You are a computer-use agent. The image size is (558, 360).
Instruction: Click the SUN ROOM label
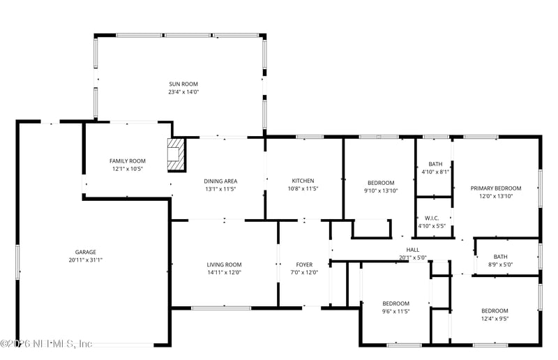(x=183, y=84)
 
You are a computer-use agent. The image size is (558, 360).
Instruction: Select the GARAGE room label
(x=86, y=252)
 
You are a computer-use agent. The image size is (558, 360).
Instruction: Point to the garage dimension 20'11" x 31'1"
(x=86, y=260)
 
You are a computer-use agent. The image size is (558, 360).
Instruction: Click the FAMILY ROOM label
(x=128, y=160)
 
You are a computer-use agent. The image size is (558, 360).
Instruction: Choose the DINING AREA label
(x=221, y=181)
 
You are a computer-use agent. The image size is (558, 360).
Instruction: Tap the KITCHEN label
(x=303, y=181)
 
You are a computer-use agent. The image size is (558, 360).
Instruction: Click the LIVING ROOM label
(x=224, y=264)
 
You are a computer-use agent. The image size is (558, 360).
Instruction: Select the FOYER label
(x=304, y=264)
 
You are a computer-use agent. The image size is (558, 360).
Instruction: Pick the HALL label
(x=413, y=249)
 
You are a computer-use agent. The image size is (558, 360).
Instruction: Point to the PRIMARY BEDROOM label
(x=496, y=188)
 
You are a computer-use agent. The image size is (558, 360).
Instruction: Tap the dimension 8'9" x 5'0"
(x=501, y=264)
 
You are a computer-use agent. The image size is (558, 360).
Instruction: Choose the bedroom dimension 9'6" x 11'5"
(x=395, y=311)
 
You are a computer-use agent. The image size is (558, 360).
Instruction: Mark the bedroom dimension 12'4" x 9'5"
(x=494, y=319)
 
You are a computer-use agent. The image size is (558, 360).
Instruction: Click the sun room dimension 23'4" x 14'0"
(x=183, y=92)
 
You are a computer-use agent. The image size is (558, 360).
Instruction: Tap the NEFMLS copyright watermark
(x=46, y=343)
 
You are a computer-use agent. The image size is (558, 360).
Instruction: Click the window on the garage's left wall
(x=17, y=265)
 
